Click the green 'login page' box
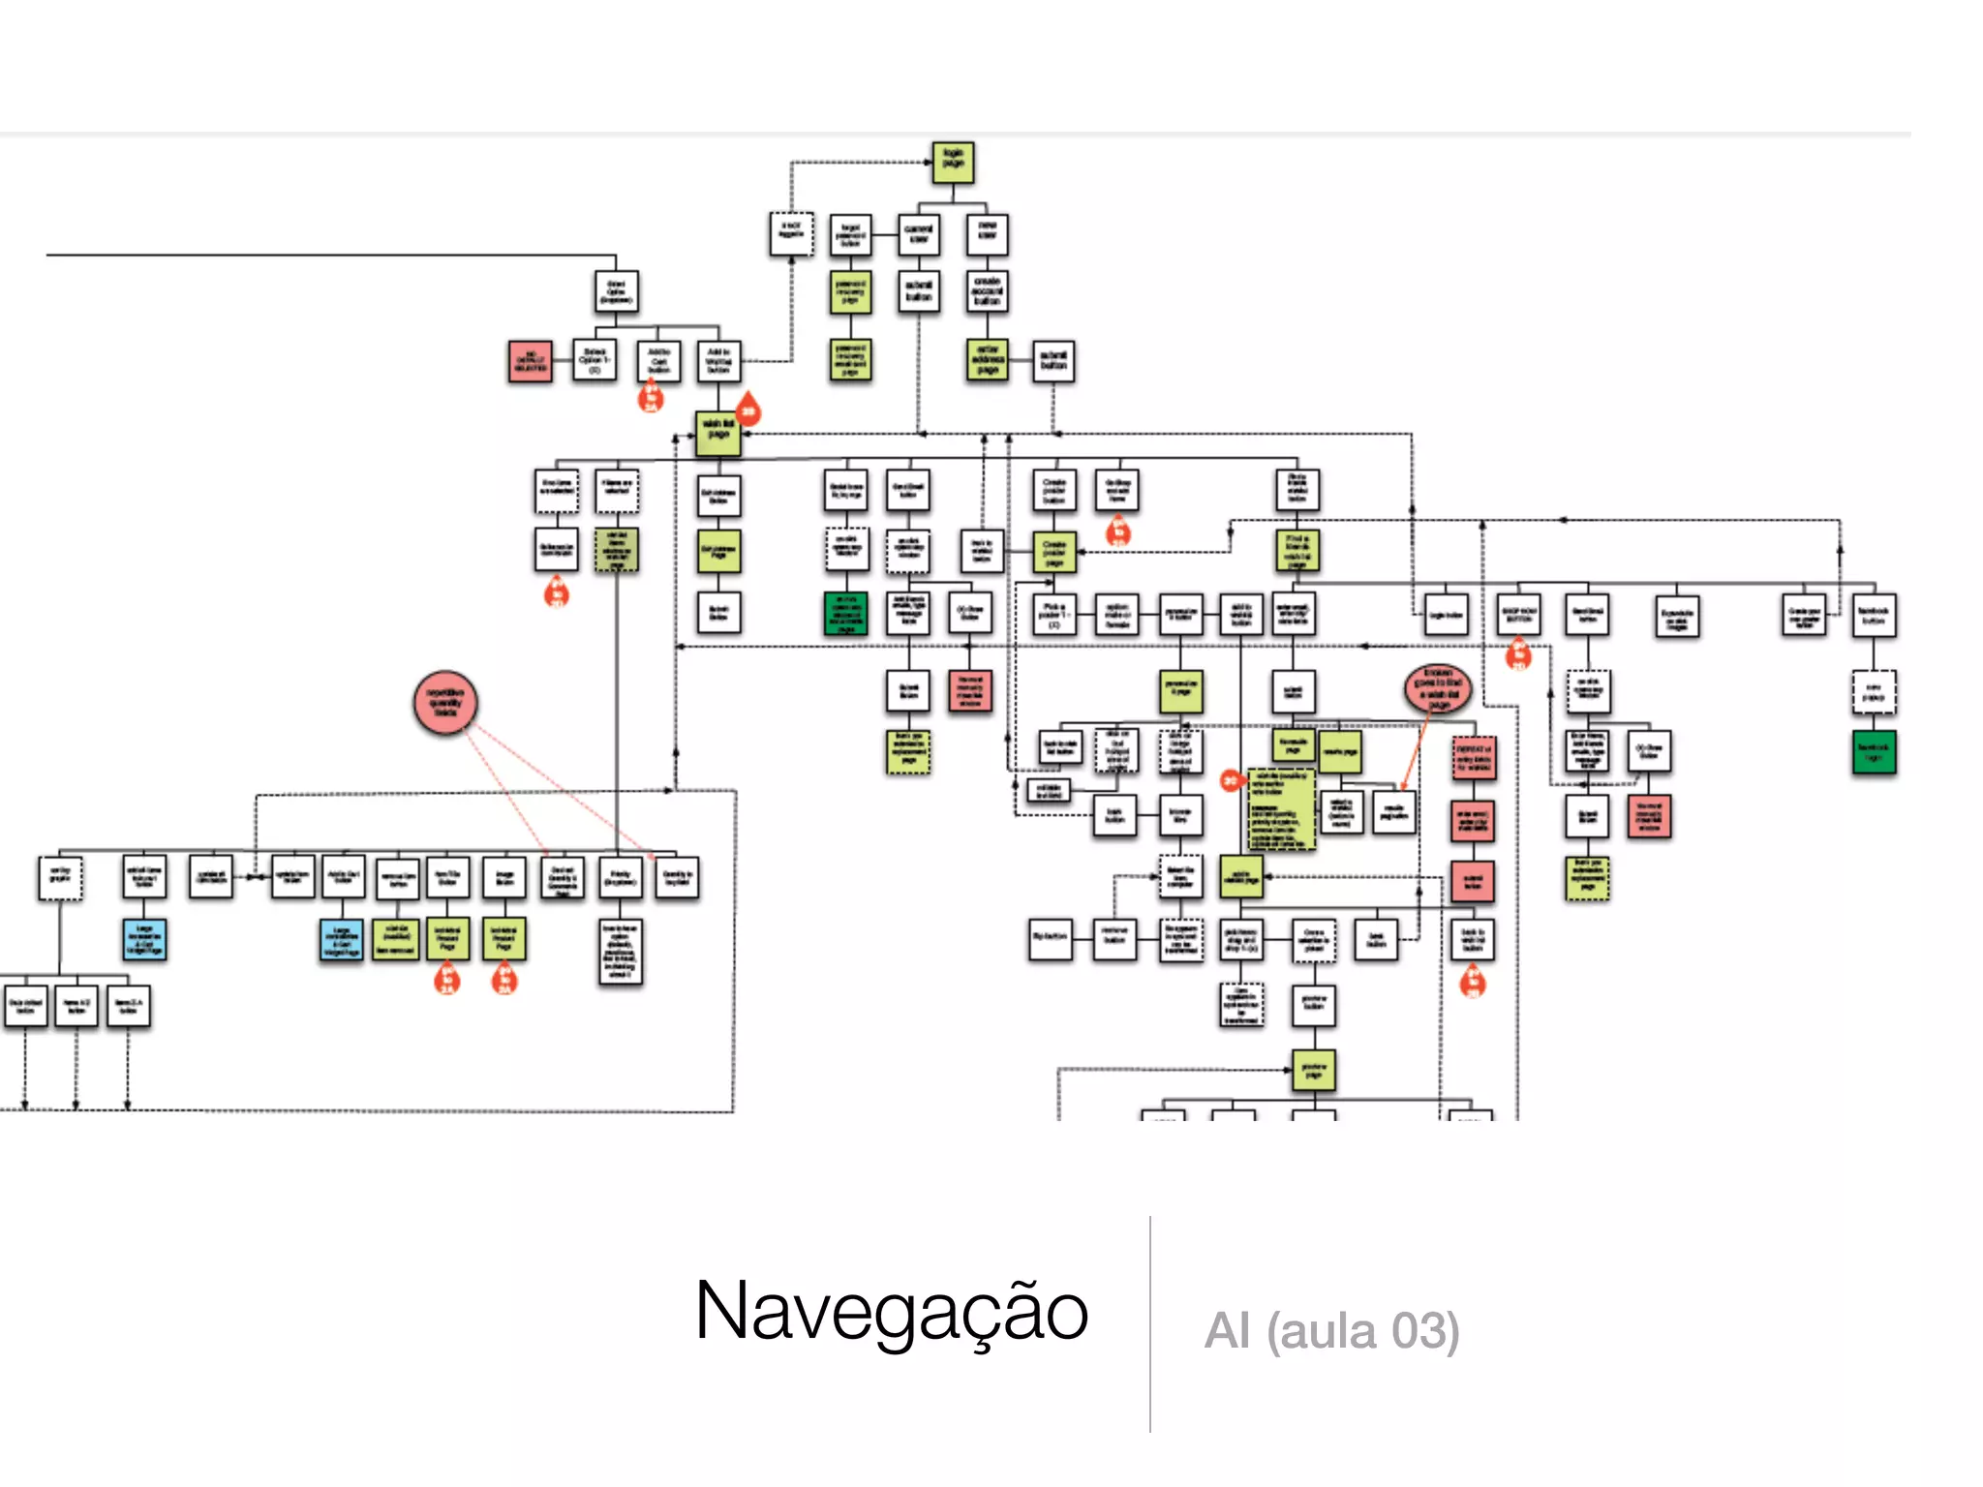coord(953,163)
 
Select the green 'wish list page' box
coord(717,433)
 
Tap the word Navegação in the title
coord(891,1311)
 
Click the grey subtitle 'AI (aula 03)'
coord(1331,1330)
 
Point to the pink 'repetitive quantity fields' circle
coord(445,702)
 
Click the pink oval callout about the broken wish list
coord(1438,687)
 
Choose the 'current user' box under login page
coord(918,234)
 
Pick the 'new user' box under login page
coord(987,234)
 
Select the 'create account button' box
coord(987,291)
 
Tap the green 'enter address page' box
coord(987,360)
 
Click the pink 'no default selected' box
coord(530,361)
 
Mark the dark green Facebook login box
coord(1874,752)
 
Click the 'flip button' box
coord(1051,938)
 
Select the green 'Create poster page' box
coord(1053,552)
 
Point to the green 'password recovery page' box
coord(850,291)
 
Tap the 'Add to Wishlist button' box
coord(718,361)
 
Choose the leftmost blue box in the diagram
coord(145,939)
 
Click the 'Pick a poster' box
coord(1053,614)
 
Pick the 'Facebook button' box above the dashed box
coord(1874,615)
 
